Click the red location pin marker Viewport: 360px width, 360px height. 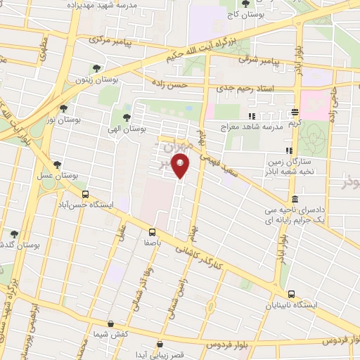point(181,167)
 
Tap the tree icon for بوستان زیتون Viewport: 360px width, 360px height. point(96,69)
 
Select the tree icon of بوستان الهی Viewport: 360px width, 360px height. point(127,117)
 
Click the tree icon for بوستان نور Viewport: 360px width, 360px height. point(64,109)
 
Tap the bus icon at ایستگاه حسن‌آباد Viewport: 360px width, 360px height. point(85,195)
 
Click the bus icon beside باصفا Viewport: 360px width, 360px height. point(152,231)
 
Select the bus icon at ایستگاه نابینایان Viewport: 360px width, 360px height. point(291,295)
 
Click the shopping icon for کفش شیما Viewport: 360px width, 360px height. point(110,324)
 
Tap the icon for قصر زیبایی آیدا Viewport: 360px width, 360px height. point(161,345)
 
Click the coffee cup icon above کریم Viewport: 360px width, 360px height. point(295,112)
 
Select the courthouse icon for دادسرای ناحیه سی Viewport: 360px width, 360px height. point(293,200)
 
